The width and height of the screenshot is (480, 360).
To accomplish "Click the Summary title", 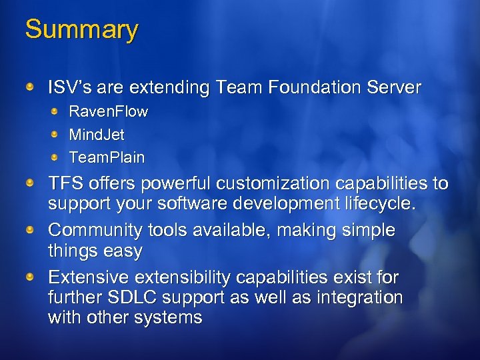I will pos(81,29).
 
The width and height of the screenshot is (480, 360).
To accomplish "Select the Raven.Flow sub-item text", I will pos(109,111).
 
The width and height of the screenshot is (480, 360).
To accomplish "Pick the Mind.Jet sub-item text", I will pos(97,135).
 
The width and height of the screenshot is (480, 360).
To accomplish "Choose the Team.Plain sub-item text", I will pos(107,158).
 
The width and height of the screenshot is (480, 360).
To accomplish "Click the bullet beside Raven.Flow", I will pos(55,111).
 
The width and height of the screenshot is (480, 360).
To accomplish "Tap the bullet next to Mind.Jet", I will pos(55,134).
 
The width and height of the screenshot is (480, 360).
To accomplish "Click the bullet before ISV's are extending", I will pos(31,86).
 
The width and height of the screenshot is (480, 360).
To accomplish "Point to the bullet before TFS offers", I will pos(31,182).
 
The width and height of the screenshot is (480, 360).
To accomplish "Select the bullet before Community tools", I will pos(31,229).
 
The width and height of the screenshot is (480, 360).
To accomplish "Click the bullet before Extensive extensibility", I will pos(31,276).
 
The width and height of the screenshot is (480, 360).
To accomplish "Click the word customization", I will pos(271,183).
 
